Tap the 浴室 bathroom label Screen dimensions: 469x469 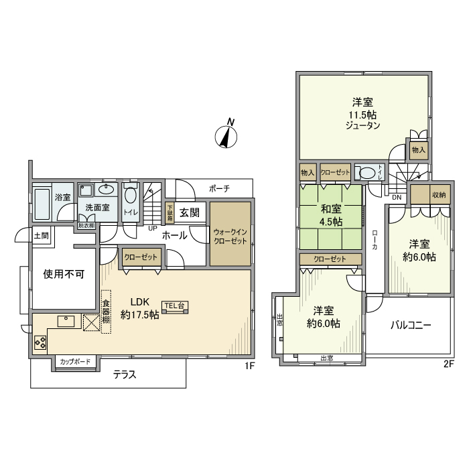62,198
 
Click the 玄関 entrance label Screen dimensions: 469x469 189,213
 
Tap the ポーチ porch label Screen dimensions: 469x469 219,189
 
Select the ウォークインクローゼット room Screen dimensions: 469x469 230,237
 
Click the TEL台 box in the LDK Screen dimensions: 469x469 175,306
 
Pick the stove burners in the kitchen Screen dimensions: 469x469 40,343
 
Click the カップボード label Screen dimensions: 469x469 75,362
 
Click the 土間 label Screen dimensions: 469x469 41,236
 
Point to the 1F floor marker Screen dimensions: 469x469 249,365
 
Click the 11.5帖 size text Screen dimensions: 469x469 362,114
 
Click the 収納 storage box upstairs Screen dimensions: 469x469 438,195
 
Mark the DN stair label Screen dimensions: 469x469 397,197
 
